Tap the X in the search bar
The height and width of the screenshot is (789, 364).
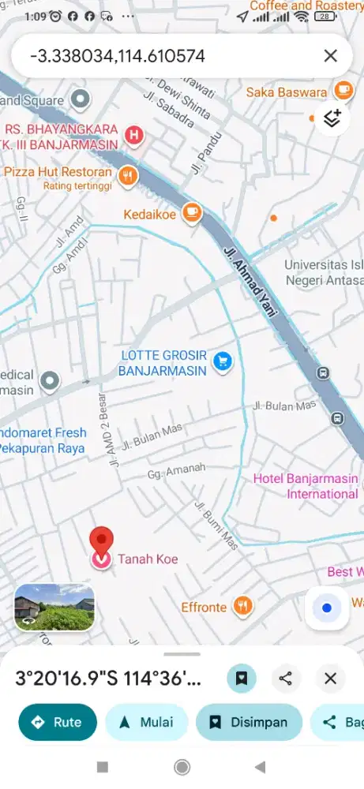point(330,56)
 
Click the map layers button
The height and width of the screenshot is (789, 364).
point(332,118)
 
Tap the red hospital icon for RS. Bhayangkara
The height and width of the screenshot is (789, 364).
point(135,136)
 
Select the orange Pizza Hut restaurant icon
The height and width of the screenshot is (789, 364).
point(126,175)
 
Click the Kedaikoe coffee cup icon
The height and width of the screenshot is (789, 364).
point(192,212)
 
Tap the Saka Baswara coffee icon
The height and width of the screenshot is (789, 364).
point(343,90)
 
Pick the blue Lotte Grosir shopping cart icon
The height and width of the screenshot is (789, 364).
point(223,361)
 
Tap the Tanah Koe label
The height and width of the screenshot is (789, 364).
point(148,559)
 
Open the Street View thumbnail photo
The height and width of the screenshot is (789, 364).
point(54,607)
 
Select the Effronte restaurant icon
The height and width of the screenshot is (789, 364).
point(243,607)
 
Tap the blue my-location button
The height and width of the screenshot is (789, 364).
point(327,608)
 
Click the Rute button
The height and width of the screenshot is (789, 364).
point(58,722)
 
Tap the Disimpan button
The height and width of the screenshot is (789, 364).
point(249,722)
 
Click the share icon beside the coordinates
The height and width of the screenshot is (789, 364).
point(286,679)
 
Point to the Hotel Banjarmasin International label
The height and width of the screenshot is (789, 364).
point(306,487)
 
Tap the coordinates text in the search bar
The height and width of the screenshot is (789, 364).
point(118,56)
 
